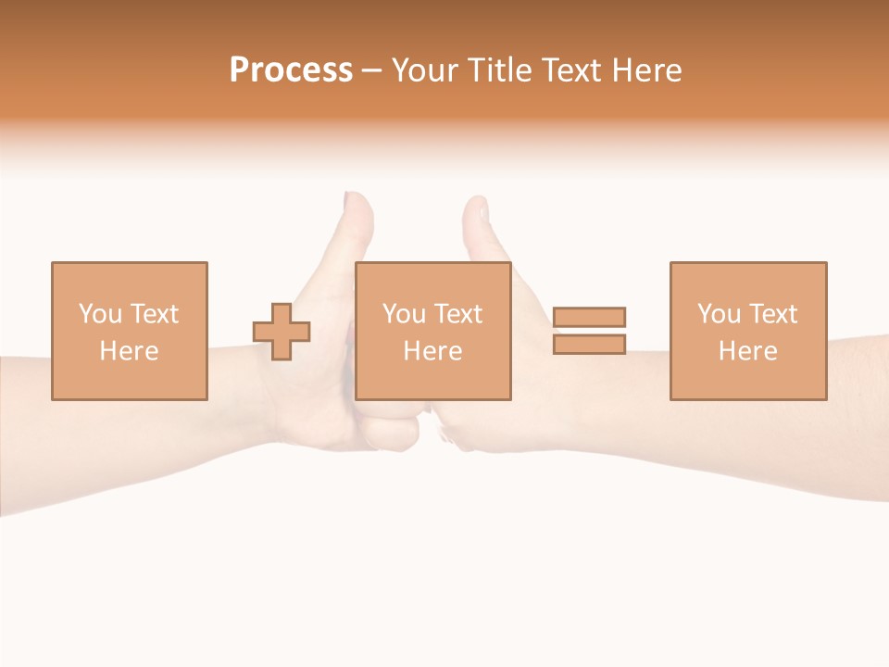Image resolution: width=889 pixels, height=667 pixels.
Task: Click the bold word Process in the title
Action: point(291,70)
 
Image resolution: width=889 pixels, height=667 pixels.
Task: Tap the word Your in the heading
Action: point(428,70)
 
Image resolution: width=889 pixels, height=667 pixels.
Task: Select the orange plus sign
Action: point(282,332)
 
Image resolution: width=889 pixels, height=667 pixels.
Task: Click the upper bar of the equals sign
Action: point(589,317)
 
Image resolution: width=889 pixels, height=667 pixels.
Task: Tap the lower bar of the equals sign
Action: point(589,344)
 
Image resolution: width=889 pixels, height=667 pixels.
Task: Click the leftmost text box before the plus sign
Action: point(130,331)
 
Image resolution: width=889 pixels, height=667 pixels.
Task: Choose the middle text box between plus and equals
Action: point(432,331)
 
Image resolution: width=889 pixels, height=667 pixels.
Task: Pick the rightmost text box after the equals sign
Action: point(747,331)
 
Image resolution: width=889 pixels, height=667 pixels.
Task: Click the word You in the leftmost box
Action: point(100,314)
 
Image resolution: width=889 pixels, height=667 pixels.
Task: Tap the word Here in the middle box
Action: point(432,351)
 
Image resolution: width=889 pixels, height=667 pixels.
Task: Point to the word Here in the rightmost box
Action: point(747,351)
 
